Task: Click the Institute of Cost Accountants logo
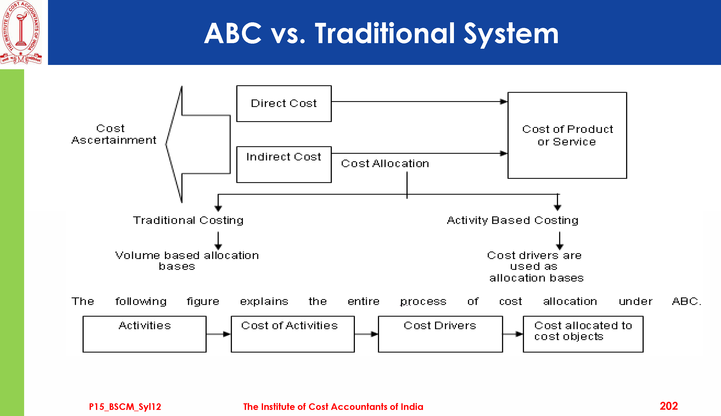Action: [21, 32]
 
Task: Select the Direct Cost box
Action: [284, 103]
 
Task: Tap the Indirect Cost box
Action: [284, 164]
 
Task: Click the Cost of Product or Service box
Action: [567, 135]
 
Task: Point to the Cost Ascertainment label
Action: [113, 134]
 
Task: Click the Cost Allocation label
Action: [385, 163]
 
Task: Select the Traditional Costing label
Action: [188, 220]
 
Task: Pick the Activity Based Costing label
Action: [513, 220]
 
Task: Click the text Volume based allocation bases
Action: [187, 261]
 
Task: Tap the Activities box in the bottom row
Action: [144, 334]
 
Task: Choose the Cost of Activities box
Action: [292, 334]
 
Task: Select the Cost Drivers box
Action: [440, 334]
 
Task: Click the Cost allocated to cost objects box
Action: [583, 334]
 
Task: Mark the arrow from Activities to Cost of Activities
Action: [218, 334]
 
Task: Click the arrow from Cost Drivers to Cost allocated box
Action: [513, 334]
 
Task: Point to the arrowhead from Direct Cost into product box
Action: [503, 101]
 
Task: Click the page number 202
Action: [669, 406]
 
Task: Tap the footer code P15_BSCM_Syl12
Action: [125, 407]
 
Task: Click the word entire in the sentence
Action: [363, 301]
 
